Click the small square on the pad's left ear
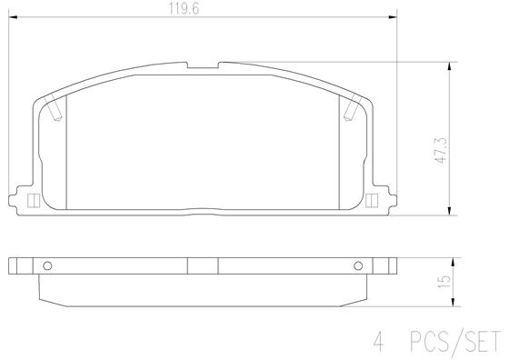pyautogui.click(x=33, y=201)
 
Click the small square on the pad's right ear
pyautogui.click(x=373, y=201)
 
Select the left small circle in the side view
pyautogui.click(x=49, y=266)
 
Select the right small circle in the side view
pyautogui.click(x=356, y=266)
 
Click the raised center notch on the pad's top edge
pyautogui.click(x=203, y=65)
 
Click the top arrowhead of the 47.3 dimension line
pyautogui.click(x=452, y=66)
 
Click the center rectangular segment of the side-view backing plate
pyautogui.click(x=203, y=266)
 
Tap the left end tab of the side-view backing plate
pyautogui.click(x=14, y=266)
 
